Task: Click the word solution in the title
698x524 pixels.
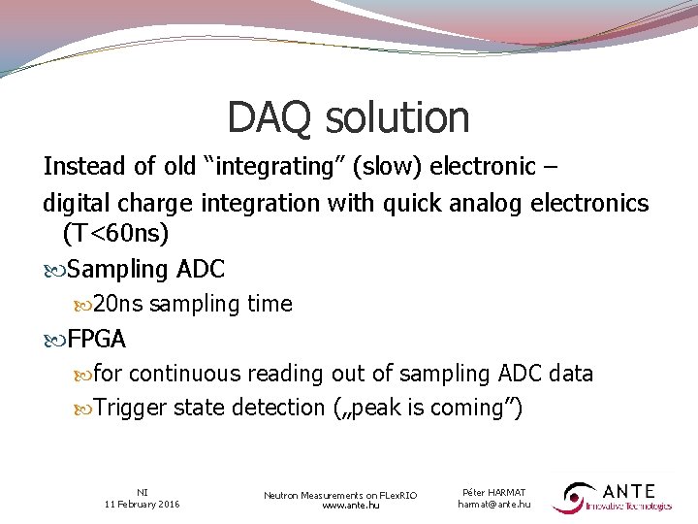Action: coord(397,118)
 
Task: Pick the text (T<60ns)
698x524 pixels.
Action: coord(115,233)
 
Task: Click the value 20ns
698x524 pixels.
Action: coord(118,304)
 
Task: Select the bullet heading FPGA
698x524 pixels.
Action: coord(97,339)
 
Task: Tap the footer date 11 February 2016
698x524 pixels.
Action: coord(143,504)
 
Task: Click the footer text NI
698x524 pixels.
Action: coord(143,492)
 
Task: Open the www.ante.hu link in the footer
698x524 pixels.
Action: coord(340,506)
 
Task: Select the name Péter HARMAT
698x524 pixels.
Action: coord(494,492)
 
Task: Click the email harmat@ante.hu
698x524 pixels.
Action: coord(494,504)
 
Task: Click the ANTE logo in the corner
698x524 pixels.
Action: coord(613,497)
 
